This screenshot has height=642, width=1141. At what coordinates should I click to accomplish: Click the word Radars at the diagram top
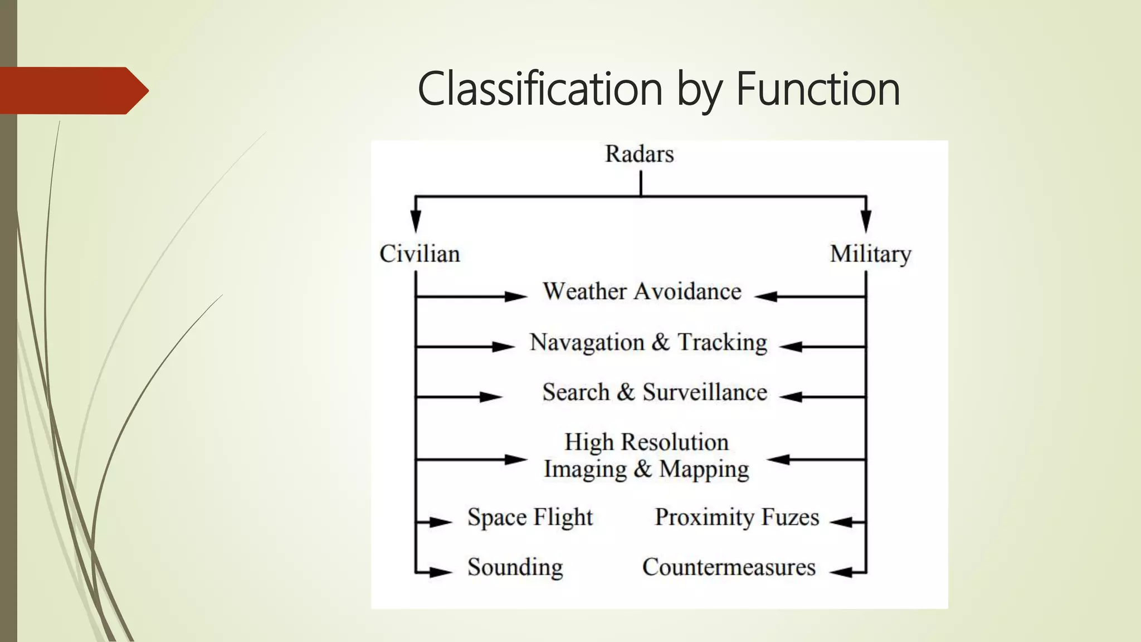pos(639,154)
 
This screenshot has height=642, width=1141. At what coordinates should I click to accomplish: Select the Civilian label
pos(420,254)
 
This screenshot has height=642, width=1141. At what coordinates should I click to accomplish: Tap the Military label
pos(870,254)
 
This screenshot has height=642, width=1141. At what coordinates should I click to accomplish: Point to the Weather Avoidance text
pos(642,291)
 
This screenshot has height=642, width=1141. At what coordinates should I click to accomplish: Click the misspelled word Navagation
pos(587,342)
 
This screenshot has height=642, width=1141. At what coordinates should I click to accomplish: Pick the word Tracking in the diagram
pos(722,342)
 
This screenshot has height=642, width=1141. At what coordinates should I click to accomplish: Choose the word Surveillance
pos(705,392)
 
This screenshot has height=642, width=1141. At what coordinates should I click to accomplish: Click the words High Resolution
pos(646,442)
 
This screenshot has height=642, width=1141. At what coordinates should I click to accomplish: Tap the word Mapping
pos(704,469)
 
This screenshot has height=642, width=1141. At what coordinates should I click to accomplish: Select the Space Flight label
pos(530,517)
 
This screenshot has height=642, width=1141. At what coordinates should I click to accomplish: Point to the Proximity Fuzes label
pos(737,517)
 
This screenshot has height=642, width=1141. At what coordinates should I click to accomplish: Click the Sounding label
pos(515,567)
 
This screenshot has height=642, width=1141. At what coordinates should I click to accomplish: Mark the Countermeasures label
pos(729,567)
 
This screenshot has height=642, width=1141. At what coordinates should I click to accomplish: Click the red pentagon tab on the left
pos(72,90)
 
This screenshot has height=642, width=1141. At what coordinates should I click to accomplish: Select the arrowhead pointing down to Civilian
pos(416,221)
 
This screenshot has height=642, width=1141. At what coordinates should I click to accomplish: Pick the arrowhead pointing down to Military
pos(866,221)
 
